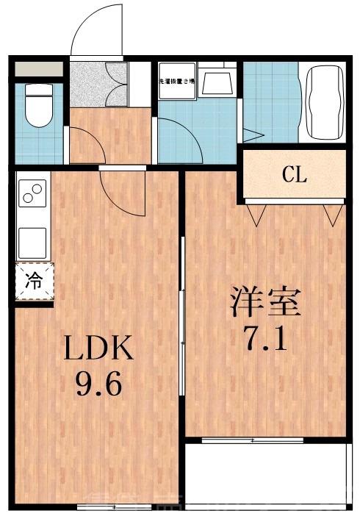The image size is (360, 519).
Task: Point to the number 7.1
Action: (265, 339)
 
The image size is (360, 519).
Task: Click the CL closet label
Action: (294, 175)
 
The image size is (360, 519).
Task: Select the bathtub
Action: (324, 102)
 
